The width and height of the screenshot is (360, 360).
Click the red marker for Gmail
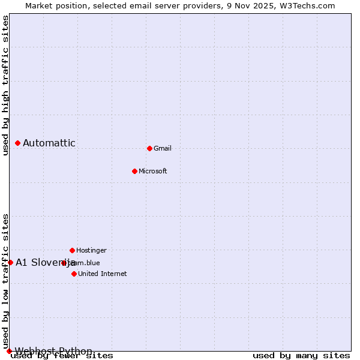tap(149, 148)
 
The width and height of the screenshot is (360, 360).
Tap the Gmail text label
tap(163, 148)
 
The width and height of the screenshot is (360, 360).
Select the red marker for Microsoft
tap(134, 171)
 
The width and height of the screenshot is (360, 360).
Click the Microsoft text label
tap(152, 171)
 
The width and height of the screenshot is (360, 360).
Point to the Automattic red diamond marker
tap(18, 143)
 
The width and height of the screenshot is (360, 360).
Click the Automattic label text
tap(49, 143)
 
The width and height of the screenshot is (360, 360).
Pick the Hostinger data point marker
tap(72, 250)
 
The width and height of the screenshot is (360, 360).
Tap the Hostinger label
tap(91, 250)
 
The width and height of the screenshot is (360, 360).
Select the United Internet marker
tap(74, 274)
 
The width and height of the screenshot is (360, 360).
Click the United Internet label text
tap(102, 274)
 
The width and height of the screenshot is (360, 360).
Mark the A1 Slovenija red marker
tap(10, 262)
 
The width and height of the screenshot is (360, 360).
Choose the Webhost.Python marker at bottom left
tap(9, 351)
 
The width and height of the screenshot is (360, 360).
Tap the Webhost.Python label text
tap(53, 351)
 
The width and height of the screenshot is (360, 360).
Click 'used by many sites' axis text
tap(301, 356)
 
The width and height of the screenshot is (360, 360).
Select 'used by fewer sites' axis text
tap(62, 356)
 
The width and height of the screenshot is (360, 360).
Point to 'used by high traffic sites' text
tap(5, 85)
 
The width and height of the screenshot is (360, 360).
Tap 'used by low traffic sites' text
tap(5, 281)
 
